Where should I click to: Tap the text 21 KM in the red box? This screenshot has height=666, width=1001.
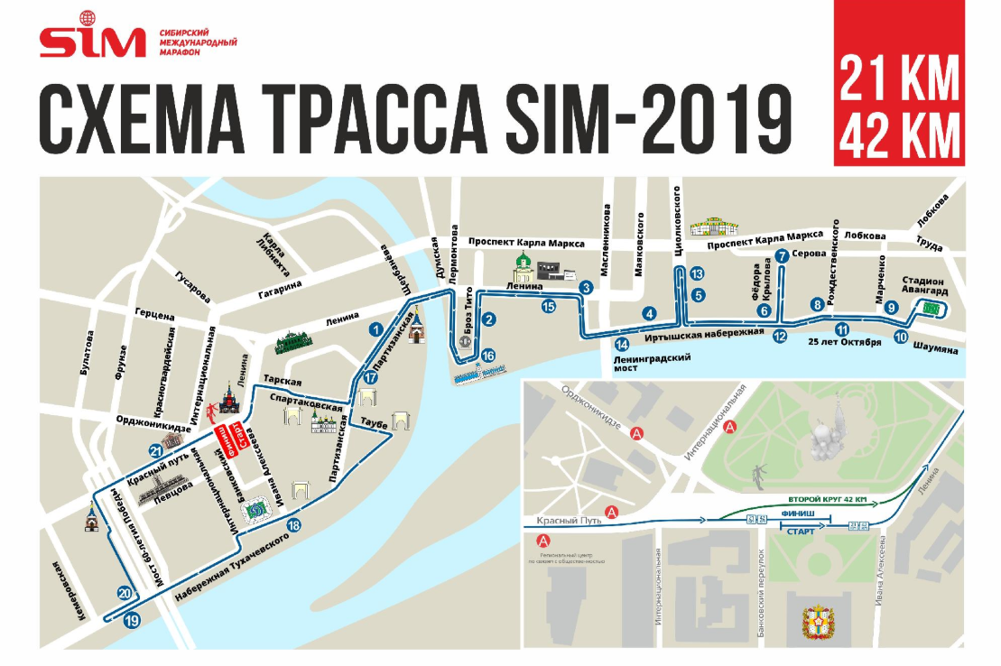tap(898, 79)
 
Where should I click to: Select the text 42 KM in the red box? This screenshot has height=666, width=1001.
tap(898, 136)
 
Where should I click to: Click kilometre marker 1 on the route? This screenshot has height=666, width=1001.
tap(376, 330)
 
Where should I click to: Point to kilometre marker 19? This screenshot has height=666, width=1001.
tap(133, 620)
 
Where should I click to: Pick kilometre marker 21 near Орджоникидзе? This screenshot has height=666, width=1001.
tap(156, 452)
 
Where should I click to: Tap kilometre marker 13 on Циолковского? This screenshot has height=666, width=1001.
tap(696, 273)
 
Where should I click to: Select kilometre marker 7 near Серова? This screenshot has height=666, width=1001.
tap(782, 256)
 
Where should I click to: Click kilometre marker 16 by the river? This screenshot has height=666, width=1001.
tap(487, 356)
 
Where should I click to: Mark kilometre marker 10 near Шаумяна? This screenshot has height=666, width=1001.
tap(900, 338)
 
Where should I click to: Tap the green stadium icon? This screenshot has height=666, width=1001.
tap(930, 309)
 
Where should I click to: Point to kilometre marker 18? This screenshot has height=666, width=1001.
tap(292, 525)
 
